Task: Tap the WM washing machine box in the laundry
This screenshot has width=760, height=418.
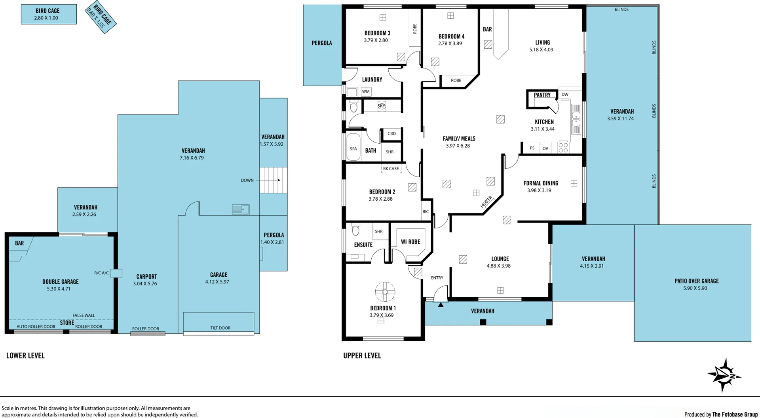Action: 366,91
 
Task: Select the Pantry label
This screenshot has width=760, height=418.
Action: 542,95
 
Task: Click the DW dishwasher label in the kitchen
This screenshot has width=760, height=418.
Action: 565,95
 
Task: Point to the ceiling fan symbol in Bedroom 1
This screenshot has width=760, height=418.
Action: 385,292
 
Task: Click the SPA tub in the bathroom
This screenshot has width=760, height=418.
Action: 353,148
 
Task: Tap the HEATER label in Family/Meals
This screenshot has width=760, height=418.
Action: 486,202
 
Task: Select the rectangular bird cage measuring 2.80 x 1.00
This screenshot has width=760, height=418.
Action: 49,14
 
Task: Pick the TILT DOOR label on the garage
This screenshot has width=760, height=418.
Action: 220,328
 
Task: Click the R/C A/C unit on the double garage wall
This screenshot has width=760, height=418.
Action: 116,273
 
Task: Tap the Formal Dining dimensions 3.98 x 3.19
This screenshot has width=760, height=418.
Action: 539,190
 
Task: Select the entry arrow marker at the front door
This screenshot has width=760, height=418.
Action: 441,304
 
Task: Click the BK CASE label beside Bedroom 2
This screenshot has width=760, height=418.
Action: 391,169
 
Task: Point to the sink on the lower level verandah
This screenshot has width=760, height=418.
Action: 241,209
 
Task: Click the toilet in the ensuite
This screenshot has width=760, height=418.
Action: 355,230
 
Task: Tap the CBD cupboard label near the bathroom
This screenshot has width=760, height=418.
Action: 391,133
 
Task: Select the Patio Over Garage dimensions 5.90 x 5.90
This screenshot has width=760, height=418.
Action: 695,288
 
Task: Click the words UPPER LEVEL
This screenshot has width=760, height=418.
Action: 362,355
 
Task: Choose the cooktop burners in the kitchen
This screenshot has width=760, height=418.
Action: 563,148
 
